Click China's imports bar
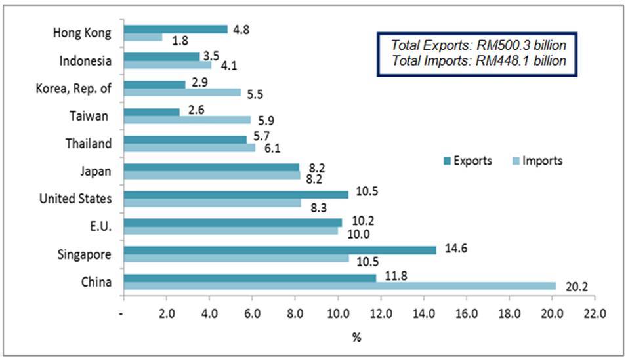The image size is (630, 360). pos(339,286)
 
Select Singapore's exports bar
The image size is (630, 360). pos(280,250)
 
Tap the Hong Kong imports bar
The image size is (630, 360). pos(142,37)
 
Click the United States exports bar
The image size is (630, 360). pos(236,194)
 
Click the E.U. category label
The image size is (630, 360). pos(100,228)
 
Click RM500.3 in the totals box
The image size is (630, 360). pos(505,45)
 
